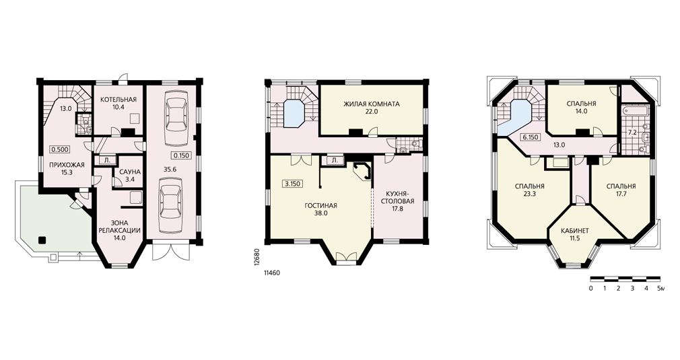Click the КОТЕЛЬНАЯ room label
click(118, 100)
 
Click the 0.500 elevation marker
click(60, 149)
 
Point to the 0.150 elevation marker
click(180, 155)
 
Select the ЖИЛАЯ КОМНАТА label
click(371, 104)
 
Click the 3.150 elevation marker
click(293, 184)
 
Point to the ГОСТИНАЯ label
click(320, 206)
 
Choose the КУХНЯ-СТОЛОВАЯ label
click(399, 197)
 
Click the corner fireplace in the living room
click(362, 171)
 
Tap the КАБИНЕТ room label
click(575, 231)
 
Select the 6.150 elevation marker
click(530, 137)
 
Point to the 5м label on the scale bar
click(660, 287)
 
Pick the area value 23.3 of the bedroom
click(529, 194)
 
